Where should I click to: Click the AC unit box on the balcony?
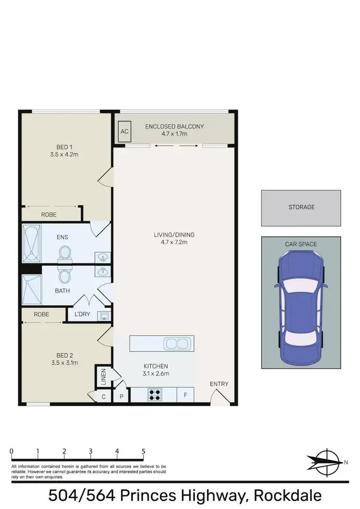coord(124,131)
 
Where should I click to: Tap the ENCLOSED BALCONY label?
coord(175,127)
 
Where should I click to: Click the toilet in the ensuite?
coord(64,253)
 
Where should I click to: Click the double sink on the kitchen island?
coord(177,343)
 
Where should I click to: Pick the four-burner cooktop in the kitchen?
coord(155,395)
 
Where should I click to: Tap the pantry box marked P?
coord(121,397)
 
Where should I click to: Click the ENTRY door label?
coord(219,384)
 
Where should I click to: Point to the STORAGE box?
coord(301,208)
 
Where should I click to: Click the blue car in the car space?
coord(301,307)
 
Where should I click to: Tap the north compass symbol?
coord(327,462)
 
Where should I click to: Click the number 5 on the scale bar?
coord(143,451)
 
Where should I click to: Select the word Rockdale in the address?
coord(287,495)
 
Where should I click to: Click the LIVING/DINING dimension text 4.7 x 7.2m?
coord(174,242)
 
